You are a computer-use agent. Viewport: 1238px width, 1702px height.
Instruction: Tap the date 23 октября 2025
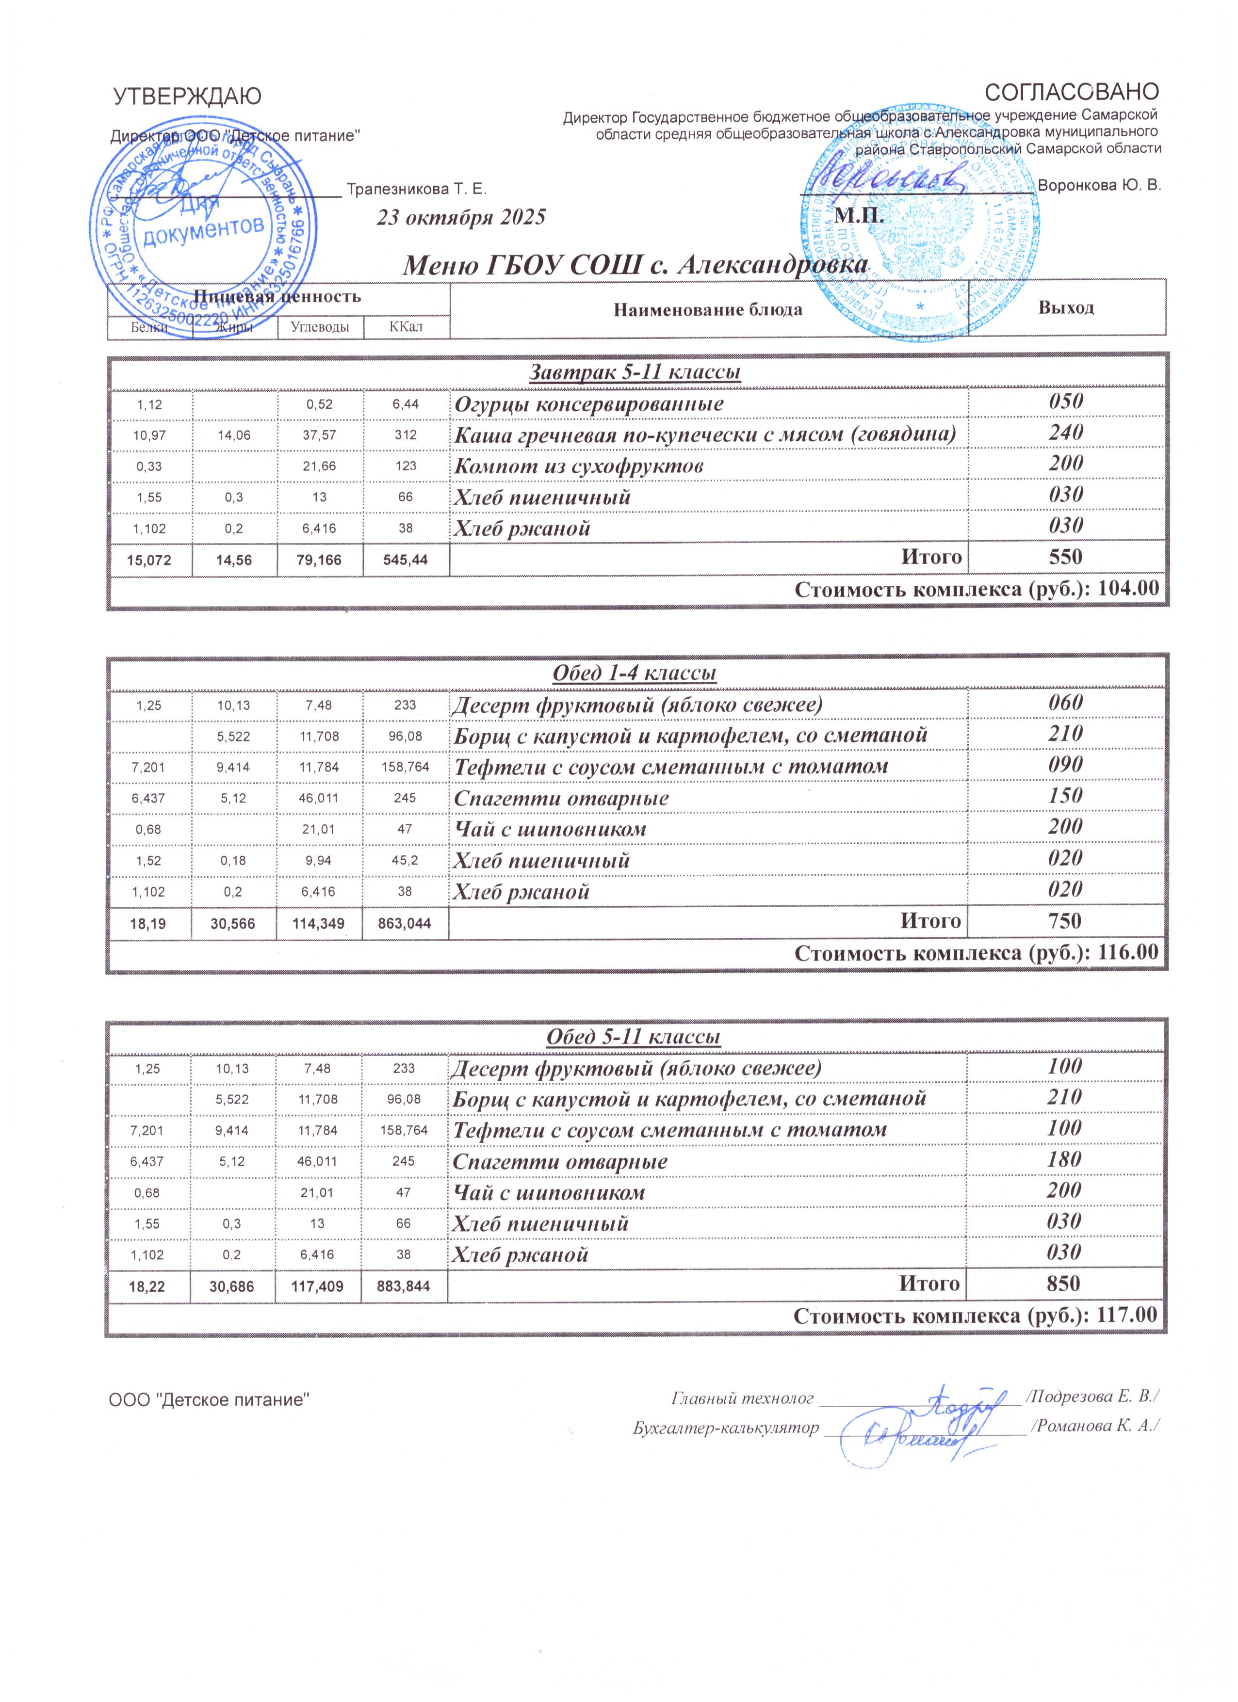[460, 218]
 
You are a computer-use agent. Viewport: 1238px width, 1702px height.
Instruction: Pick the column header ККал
[406, 327]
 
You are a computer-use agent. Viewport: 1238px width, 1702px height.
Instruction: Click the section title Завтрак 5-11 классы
[635, 372]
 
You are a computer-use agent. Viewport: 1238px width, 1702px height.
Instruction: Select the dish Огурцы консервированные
[588, 404]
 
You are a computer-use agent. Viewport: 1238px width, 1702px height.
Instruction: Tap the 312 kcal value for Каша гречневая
[406, 434]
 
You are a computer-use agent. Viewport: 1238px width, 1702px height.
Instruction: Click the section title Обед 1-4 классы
[635, 673]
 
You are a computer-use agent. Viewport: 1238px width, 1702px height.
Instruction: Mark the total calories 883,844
[404, 1286]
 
